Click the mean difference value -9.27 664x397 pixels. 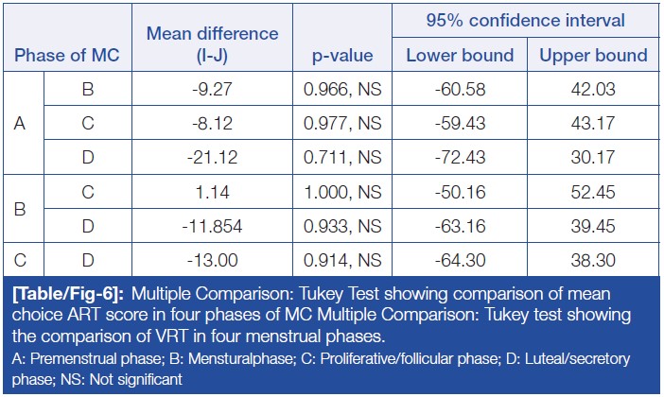(212, 88)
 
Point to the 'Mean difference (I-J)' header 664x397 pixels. (212, 44)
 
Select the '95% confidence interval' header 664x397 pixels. (526, 20)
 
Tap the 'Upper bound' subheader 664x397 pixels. (593, 55)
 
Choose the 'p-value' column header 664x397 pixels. (341, 55)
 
